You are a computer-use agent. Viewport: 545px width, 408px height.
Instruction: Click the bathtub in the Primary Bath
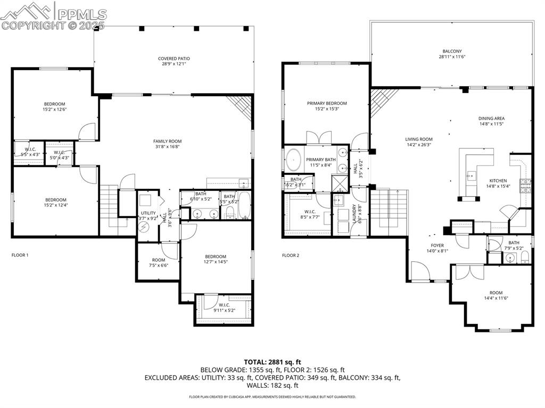(x=294, y=159)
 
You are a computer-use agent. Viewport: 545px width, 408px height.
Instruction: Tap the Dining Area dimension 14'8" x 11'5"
(x=491, y=124)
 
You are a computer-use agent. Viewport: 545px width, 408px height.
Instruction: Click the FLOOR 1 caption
(x=20, y=255)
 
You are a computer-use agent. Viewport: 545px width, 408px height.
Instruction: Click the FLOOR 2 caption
(x=291, y=255)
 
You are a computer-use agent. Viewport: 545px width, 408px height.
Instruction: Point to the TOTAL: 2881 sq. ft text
(x=272, y=362)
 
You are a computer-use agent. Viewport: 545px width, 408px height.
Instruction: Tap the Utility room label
(x=148, y=213)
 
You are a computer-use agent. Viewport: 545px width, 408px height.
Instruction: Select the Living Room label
(x=419, y=139)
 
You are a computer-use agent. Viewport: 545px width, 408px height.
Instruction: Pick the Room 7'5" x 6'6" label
(x=159, y=262)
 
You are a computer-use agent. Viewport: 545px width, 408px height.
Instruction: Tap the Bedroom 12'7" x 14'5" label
(x=216, y=259)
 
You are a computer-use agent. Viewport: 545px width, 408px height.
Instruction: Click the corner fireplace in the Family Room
(x=242, y=106)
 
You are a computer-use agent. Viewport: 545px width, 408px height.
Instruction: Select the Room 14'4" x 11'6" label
(x=496, y=295)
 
